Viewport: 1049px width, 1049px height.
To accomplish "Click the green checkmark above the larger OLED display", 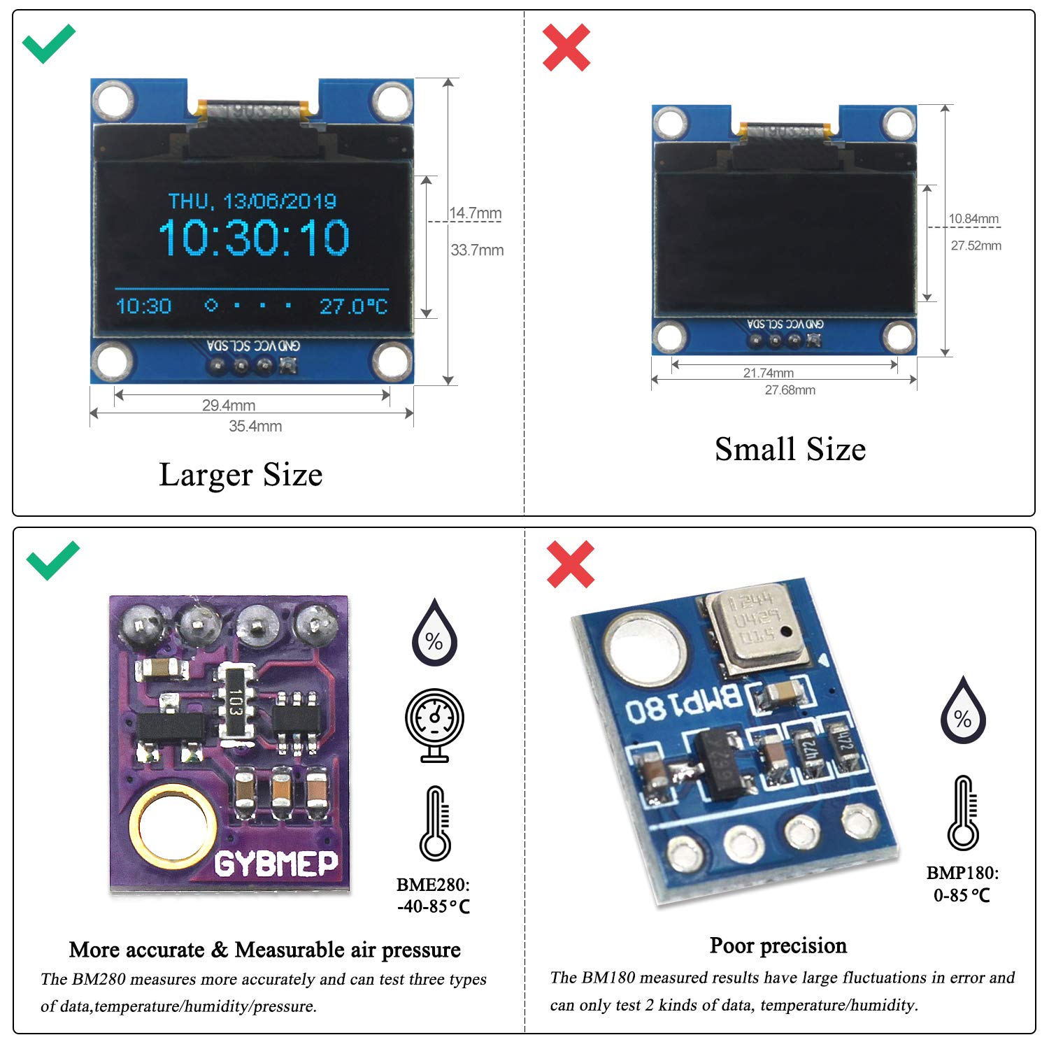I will click(48, 43).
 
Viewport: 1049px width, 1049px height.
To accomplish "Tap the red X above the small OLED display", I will click(566, 48).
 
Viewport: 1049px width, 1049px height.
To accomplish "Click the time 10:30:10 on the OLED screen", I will click(254, 238).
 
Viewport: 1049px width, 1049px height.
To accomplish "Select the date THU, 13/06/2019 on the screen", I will click(252, 201).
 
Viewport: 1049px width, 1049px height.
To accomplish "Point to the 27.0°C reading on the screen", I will click(353, 306).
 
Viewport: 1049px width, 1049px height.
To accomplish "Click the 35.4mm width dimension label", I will click(255, 426).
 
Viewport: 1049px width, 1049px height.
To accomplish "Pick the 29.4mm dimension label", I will click(229, 405).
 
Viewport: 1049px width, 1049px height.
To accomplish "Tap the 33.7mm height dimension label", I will click(477, 250).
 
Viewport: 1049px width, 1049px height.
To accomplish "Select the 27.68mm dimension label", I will click(790, 390).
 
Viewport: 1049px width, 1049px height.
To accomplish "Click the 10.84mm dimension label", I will click(973, 218).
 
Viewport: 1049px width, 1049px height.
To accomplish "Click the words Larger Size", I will click(241, 475).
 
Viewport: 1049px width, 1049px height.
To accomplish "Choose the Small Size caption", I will click(790, 449).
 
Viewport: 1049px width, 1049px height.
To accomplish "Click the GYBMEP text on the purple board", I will click(276, 864).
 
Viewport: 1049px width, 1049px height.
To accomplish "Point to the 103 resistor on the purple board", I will click(236, 701).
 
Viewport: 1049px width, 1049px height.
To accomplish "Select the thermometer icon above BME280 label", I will click(435, 823).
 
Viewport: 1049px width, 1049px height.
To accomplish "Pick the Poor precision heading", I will click(778, 945).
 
